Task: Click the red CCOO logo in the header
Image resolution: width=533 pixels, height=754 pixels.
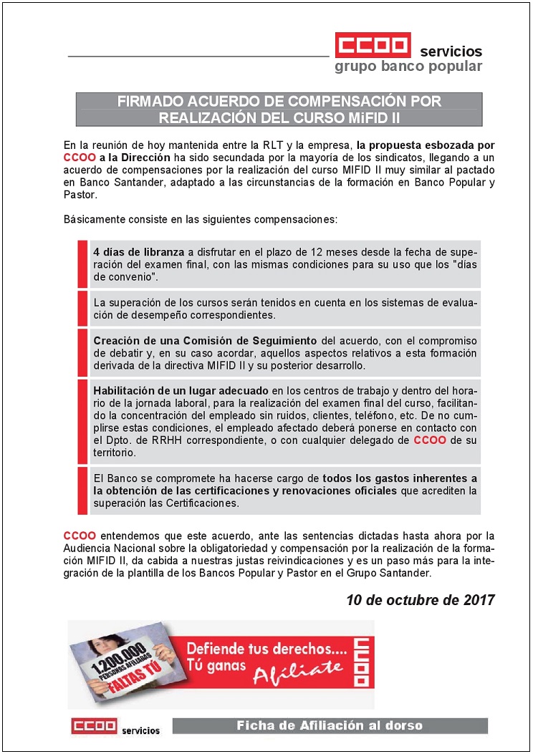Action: pyautogui.click(x=373, y=45)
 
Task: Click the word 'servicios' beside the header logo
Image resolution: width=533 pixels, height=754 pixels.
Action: pyautogui.click(x=451, y=52)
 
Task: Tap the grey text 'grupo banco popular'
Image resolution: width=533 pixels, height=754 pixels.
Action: pyautogui.click(x=408, y=67)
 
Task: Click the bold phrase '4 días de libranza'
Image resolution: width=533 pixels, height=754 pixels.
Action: pyautogui.click(x=139, y=251)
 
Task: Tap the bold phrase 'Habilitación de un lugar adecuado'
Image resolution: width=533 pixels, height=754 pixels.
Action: pyautogui.click(x=180, y=390)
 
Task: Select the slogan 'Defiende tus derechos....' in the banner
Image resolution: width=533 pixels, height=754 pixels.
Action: pyautogui.click(x=266, y=649)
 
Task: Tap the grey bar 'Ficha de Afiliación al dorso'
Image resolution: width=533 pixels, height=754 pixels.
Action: pyautogui.click(x=330, y=726)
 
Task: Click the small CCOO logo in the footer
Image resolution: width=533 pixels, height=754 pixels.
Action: pyautogui.click(x=94, y=726)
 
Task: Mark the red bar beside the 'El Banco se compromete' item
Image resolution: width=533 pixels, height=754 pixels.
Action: pyautogui.click(x=82, y=490)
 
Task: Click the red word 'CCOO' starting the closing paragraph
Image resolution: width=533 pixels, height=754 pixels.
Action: pyautogui.click(x=77, y=535)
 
